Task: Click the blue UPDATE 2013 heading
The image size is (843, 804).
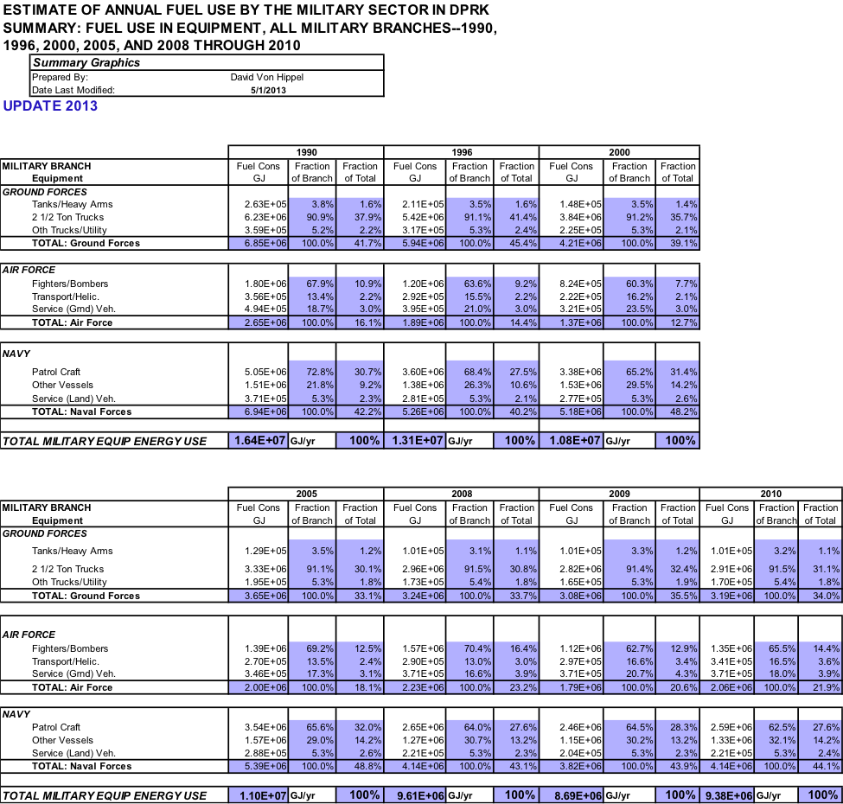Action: [x=50, y=106]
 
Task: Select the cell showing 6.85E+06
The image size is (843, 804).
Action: [x=259, y=243]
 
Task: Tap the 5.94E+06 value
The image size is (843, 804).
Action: [x=416, y=243]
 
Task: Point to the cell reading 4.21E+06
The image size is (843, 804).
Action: [x=572, y=243]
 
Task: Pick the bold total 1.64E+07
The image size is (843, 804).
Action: [x=259, y=441]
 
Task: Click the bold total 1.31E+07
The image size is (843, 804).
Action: [x=416, y=441]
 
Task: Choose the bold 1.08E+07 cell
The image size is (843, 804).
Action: [x=572, y=441]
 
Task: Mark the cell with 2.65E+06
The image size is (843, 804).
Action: [x=259, y=322]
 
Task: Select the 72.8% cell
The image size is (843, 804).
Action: [x=312, y=371]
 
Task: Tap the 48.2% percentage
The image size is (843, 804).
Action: [x=678, y=412]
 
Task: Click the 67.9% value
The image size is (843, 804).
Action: [x=312, y=284]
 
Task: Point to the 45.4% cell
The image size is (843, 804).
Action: [x=516, y=243]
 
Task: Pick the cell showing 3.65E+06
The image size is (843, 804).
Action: [x=259, y=596]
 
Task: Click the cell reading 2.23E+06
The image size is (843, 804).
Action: [x=416, y=687]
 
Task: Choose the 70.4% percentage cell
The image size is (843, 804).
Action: [x=469, y=648]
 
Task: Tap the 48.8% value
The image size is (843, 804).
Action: [x=359, y=766]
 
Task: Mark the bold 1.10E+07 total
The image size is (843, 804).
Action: [x=259, y=795]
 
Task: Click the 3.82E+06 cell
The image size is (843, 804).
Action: [x=572, y=766]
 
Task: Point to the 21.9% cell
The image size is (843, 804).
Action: [x=821, y=687]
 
